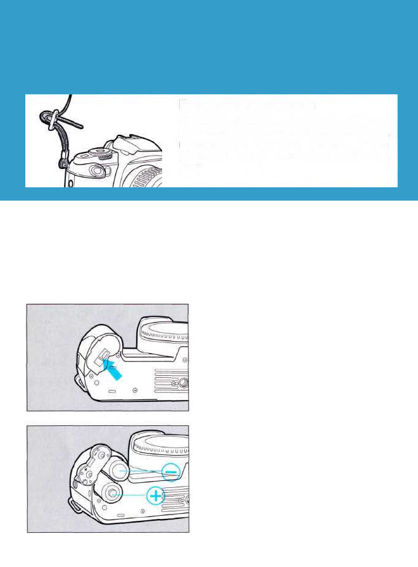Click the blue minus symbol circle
[x=171, y=471]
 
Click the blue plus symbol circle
[x=155, y=496]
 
